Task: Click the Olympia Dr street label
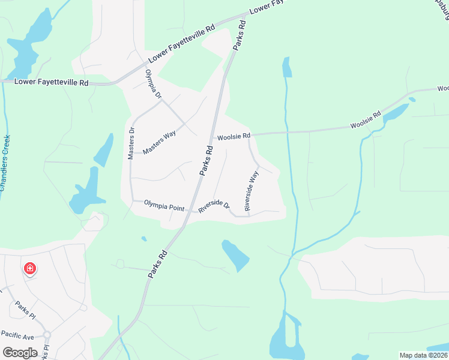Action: pyautogui.click(x=154, y=85)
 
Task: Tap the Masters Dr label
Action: pyautogui.click(x=131, y=143)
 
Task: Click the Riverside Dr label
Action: pyautogui.click(x=215, y=206)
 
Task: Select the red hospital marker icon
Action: pyautogui.click(x=29, y=268)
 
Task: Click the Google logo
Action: pyautogui.click(x=20, y=352)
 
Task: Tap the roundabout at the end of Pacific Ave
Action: pyautogui.click(x=47, y=335)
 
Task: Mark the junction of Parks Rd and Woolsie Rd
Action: pyautogui.click(x=214, y=136)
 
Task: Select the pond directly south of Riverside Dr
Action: pyautogui.click(x=235, y=254)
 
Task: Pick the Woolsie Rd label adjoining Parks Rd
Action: pyautogui.click(x=234, y=136)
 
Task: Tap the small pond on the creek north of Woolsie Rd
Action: pyautogui.click(x=287, y=67)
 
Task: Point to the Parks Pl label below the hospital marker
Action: pyautogui.click(x=26, y=309)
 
